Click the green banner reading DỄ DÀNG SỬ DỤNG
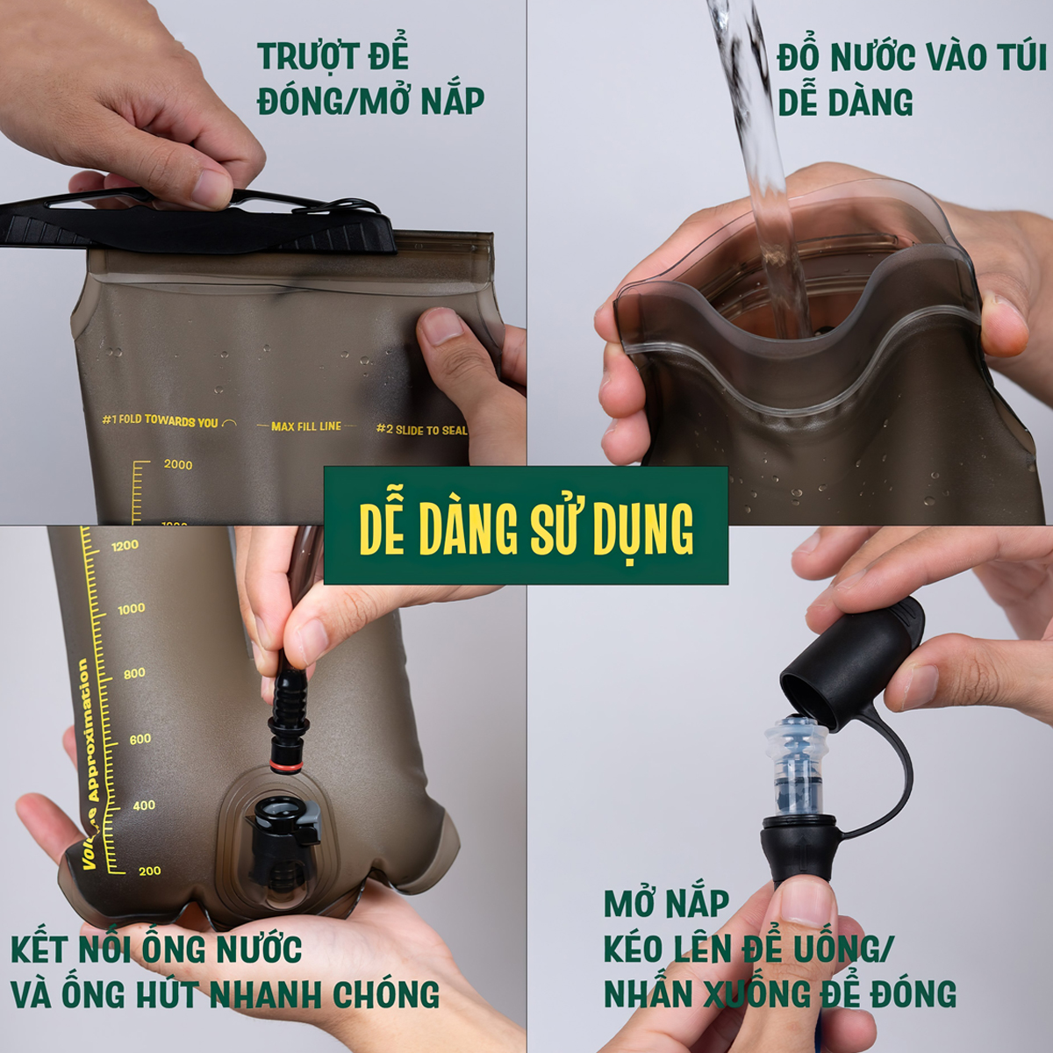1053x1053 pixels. [x=526, y=526]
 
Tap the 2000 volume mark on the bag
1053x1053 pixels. [x=177, y=464]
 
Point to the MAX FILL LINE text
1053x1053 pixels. [x=306, y=426]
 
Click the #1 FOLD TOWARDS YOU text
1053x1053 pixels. [x=161, y=421]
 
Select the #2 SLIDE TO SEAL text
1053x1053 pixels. [x=421, y=430]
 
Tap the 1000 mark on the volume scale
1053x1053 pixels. [x=131, y=609]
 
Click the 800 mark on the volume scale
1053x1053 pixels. [x=134, y=674]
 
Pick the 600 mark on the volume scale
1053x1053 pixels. [x=140, y=740]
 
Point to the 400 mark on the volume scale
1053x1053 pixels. [x=144, y=806]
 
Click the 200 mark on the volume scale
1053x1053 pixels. [x=149, y=871]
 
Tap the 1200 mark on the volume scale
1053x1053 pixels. [x=125, y=546]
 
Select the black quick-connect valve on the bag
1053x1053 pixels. [x=281, y=838]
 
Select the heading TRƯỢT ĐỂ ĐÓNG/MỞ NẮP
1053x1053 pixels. [x=370, y=79]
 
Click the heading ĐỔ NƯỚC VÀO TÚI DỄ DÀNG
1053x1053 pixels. [x=911, y=79]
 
